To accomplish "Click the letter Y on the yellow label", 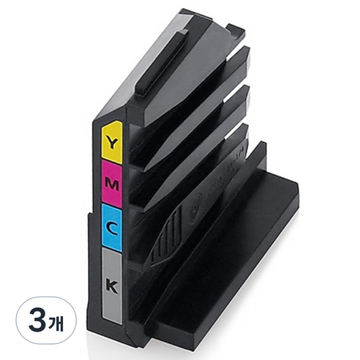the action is (x=112, y=143).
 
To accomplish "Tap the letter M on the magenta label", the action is (x=112, y=184).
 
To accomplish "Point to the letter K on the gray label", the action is (x=112, y=288).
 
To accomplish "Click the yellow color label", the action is (x=112, y=142).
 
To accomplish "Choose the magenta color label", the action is (x=112, y=184).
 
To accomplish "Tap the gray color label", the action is (x=112, y=286).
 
